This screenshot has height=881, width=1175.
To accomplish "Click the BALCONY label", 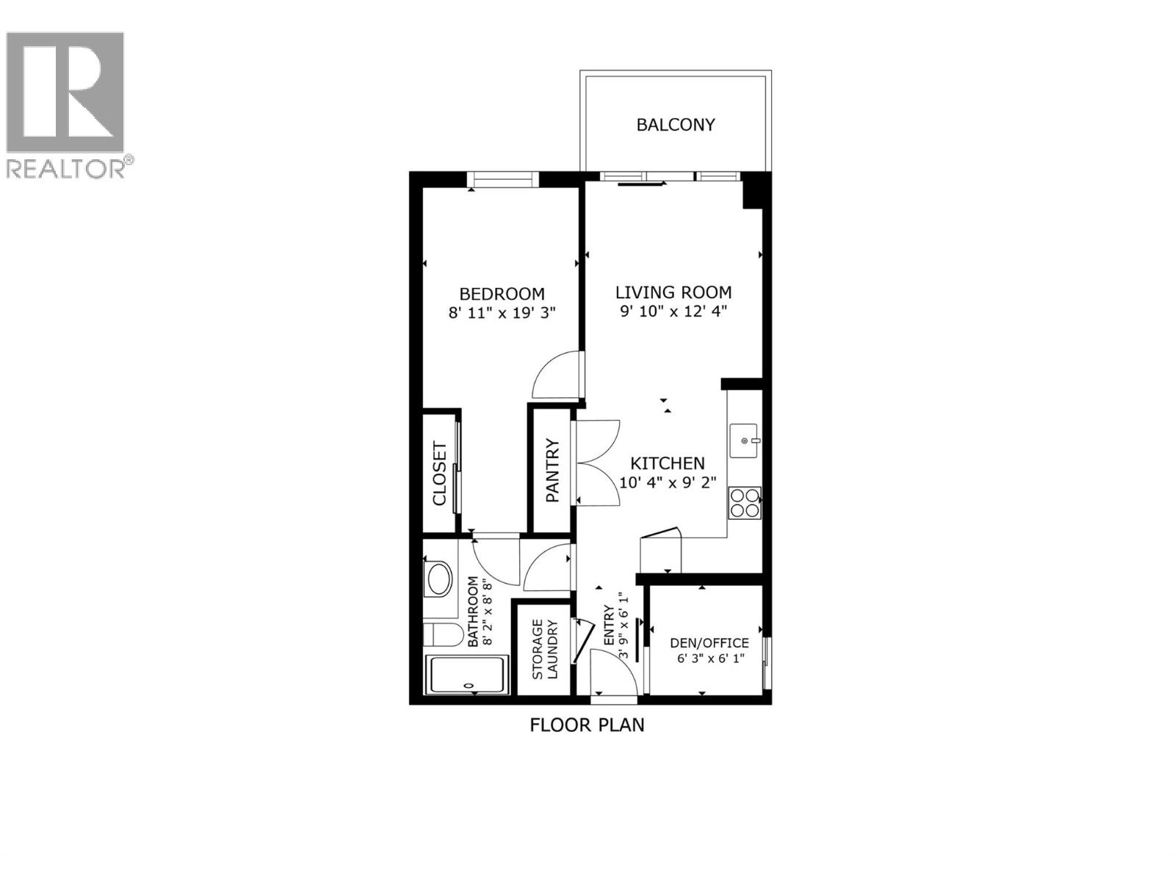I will (675, 125).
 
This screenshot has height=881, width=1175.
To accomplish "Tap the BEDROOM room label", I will (502, 294).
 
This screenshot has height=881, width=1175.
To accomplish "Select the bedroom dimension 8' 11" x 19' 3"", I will (502, 313).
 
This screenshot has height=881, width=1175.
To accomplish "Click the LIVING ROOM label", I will (673, 292).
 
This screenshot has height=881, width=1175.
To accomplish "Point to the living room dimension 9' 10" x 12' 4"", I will (673, 311).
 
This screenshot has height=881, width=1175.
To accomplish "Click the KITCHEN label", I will (668, 463).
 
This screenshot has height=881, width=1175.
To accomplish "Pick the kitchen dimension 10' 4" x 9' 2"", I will (668, 482).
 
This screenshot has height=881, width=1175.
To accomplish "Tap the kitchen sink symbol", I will (745, 440).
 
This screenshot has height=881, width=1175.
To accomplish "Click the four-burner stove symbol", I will (745, 503).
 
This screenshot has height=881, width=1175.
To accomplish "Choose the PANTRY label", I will (552, 471).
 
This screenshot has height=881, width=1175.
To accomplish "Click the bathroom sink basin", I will (439, 579).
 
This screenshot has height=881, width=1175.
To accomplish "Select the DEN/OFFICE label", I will (709, 643).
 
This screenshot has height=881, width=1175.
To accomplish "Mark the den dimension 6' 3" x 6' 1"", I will (709, 659).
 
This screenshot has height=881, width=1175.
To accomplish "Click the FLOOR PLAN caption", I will (587, 725).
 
